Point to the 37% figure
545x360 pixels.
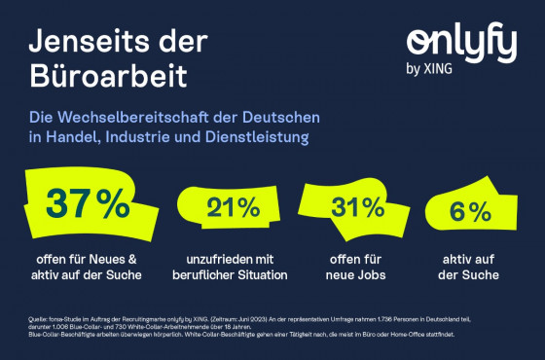click(88, 204)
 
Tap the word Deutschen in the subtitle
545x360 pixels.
click(286, 118)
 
